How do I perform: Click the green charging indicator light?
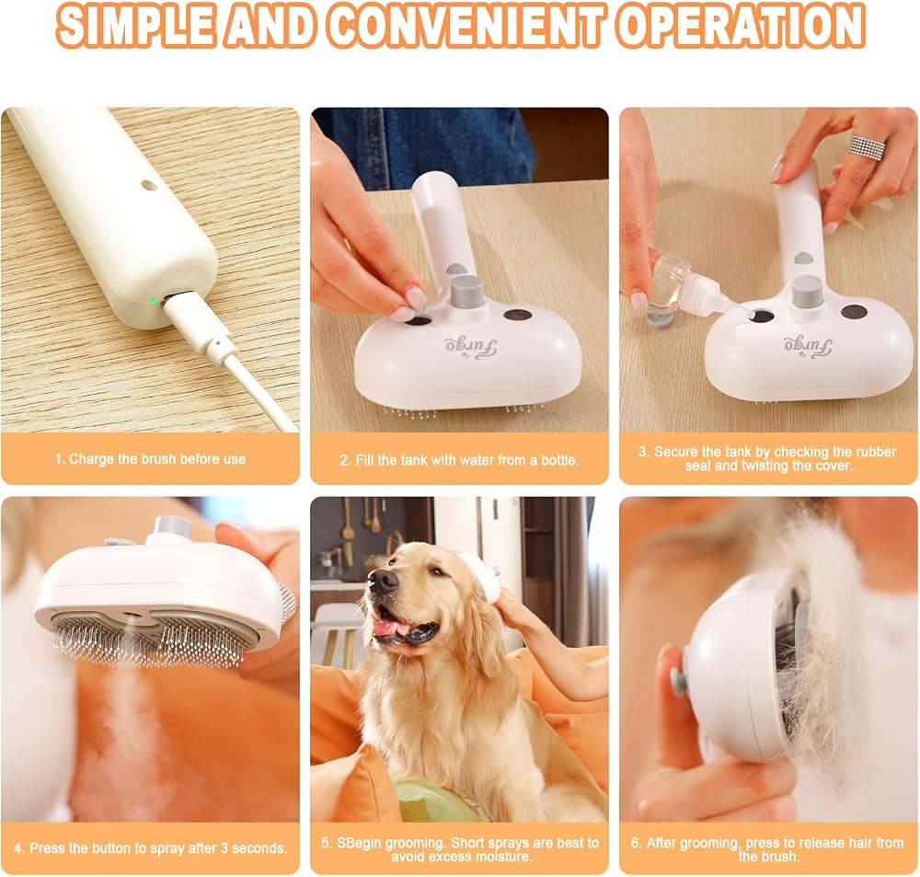tap(154, 301)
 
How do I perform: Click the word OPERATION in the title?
tap(741, 27)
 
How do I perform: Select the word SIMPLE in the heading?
tap(135, 27)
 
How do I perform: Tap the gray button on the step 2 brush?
tap(467, 291)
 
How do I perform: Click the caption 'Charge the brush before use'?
tap(150, 459)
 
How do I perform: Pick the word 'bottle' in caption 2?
tap(559, 460)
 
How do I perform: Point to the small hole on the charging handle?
tap(150, 186)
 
